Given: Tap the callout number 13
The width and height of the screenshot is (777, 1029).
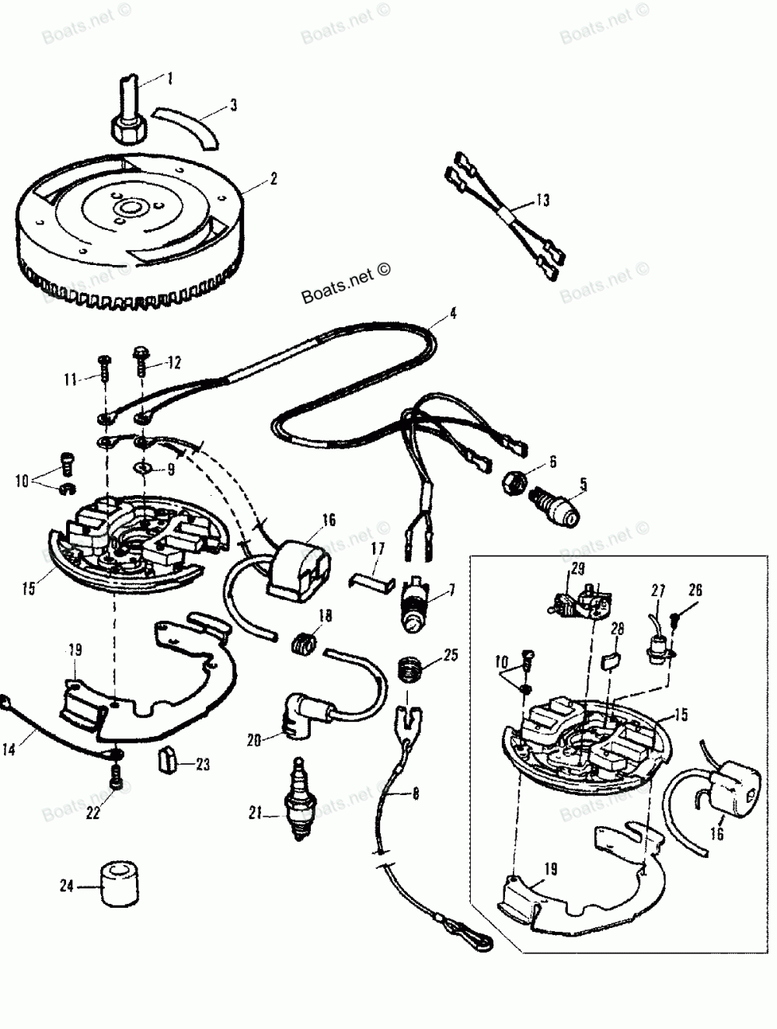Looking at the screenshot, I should [542, 201].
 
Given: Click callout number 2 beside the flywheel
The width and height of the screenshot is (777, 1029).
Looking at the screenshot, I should [272, 178].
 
